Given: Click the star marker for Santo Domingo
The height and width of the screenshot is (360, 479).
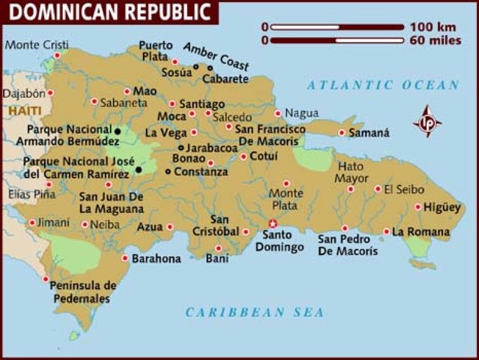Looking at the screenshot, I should click(273, 223).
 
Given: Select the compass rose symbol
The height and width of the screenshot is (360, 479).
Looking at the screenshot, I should click(427, 121).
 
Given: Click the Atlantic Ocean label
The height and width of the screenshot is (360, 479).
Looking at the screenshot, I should click(383, 85).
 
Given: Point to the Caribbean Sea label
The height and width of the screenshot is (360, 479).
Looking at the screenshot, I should click(255, 312).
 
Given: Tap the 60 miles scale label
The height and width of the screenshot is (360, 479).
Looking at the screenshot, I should click(436, 40).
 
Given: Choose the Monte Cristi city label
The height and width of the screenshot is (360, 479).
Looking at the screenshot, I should click(31, 45).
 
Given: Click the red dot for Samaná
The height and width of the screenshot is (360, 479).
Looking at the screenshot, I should click(342, 133).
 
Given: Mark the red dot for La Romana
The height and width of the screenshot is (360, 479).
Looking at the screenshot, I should click(387, 232).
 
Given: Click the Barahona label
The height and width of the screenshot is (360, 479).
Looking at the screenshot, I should click(157, 259).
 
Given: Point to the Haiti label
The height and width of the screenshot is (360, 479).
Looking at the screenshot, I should click(19, 111).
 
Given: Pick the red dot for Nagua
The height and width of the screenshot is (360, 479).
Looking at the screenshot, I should click(278, 113).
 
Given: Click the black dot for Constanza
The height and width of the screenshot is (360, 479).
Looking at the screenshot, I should click(168, 172).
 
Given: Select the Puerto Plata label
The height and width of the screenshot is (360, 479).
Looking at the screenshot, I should click(155, 49).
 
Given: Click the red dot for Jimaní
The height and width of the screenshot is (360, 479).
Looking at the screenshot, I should click(31, 223).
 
